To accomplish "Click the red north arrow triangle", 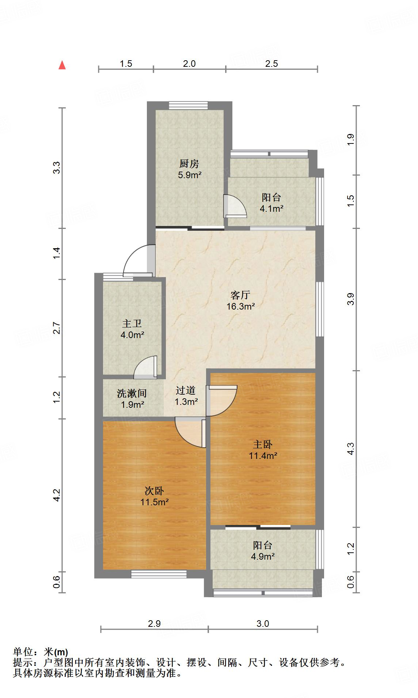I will (62, 65).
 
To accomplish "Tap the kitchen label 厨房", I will (189, 164).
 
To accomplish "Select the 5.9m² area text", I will (190, 175).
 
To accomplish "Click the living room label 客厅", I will (240, 295).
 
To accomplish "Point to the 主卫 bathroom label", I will (132, 323).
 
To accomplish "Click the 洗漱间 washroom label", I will (132, 393).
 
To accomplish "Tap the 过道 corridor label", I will (186, 390).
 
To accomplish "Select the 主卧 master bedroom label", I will (263, 444).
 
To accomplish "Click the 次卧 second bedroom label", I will (154, 491).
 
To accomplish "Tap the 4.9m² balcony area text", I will (262, 556).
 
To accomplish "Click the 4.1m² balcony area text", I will (271, 209).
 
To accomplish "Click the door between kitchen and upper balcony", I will (235, 206).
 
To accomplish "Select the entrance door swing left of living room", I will (137, 260).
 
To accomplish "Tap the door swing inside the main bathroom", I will (146, 367).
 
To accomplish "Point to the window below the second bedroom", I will (159, 574).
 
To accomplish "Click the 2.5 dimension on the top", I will (271, 64).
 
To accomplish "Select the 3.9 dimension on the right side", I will (350, 299).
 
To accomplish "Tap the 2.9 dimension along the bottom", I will (154, 624).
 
